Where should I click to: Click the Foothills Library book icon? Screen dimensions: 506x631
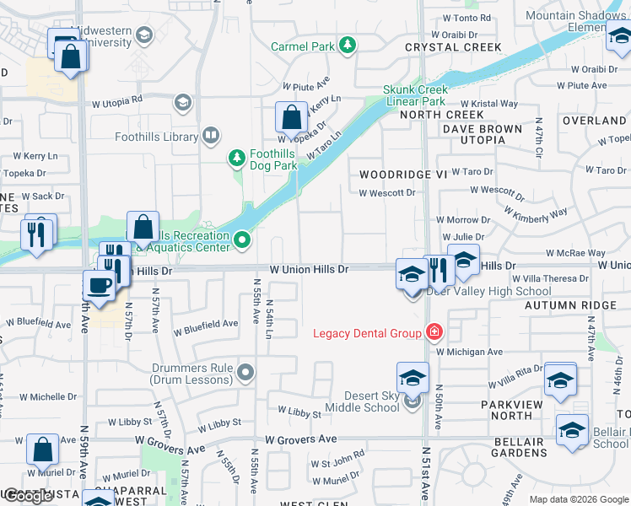point(211,135)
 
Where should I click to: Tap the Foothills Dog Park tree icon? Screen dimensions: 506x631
point(237,158)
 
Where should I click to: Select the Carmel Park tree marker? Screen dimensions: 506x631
point(347,46)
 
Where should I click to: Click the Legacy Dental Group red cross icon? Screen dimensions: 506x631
point(434,332)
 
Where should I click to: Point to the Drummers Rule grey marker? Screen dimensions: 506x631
point(245,371)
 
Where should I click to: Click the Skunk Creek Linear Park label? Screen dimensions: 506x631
point(414,95)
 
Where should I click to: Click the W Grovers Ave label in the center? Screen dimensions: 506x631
point(300,439)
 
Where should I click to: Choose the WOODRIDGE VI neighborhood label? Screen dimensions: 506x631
point(402,174)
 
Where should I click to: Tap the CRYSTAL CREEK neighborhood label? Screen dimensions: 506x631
point(442,47)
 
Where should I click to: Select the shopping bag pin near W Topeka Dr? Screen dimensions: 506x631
point(291,119)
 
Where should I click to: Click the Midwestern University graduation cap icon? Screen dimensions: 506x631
point(144,35)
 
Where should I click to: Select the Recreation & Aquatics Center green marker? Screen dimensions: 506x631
point(243,241)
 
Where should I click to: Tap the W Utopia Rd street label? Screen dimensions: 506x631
point(117,102)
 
